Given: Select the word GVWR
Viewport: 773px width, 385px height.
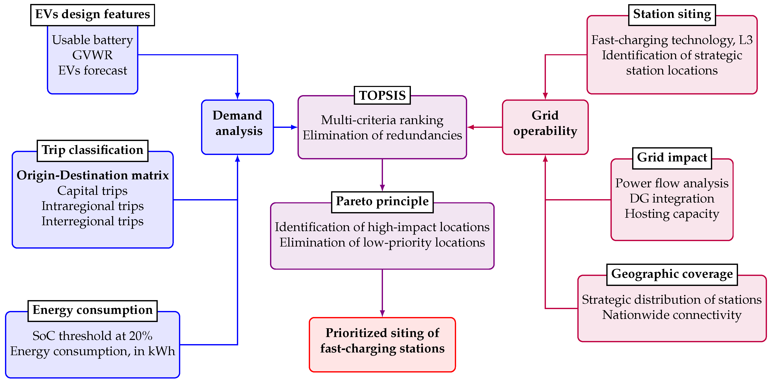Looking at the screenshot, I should point(93,55).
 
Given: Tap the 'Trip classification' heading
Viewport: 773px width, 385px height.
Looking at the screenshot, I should point(93,150).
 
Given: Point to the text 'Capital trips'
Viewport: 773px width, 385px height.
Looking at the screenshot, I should point(93,191).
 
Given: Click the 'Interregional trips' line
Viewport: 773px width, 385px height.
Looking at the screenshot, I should point(93,221).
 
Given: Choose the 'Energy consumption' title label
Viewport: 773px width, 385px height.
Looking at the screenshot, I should point(93,310).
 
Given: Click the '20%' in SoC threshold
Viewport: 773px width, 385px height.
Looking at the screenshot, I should point(141,336).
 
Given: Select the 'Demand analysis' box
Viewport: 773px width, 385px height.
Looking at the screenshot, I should point(237,127).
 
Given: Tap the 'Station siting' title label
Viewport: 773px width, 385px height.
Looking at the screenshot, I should point(672,14).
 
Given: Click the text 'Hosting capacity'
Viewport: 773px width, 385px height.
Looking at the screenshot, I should point(672,214).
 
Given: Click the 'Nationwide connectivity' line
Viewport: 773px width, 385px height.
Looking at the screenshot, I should point(672,315).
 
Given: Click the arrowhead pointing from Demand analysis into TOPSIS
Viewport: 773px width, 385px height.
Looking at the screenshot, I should point(294,127).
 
